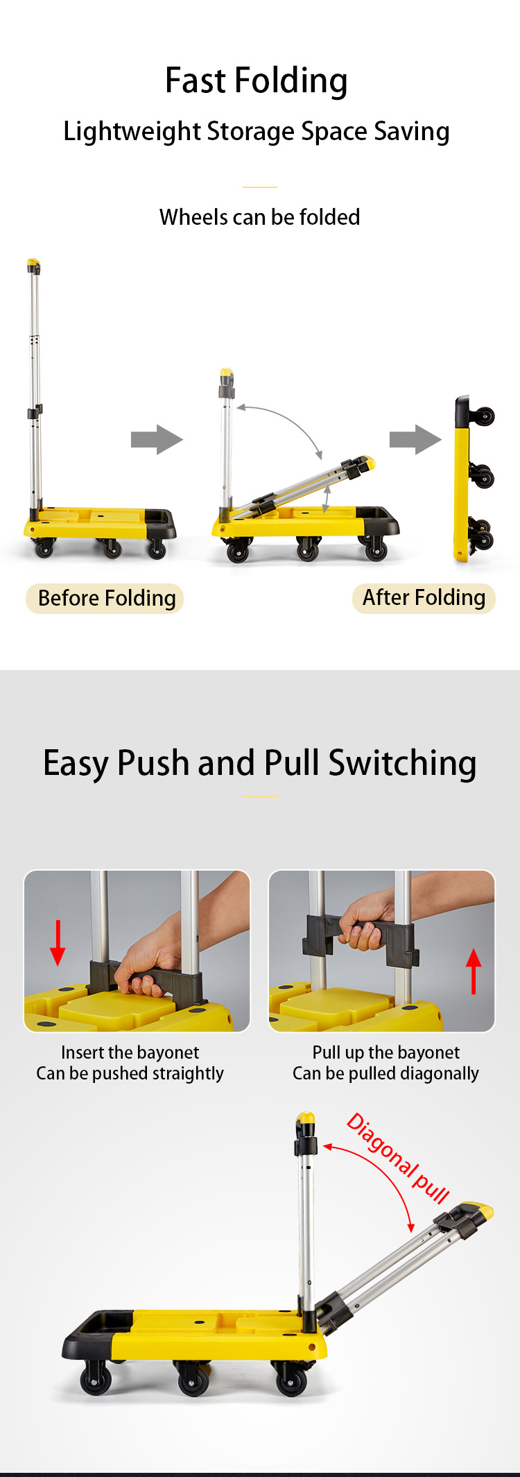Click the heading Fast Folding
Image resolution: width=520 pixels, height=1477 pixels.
pos(257,80)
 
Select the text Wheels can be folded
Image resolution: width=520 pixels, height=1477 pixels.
pos(259,217)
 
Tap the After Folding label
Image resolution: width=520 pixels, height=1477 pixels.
pos(424,597)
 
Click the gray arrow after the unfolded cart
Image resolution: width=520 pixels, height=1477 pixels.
pos(157,439)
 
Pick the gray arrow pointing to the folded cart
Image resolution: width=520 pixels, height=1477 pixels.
pos(415,439)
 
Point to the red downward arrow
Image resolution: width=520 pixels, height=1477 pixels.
pos(58,943)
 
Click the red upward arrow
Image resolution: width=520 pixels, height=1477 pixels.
pos(474,971)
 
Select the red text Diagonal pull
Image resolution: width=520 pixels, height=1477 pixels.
pos(399,1157)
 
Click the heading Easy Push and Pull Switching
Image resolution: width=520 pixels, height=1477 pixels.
pos(260,764)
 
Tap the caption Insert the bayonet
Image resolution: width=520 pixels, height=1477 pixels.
pos(130,1052)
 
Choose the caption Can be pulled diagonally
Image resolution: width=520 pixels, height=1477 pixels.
pos(385,1074)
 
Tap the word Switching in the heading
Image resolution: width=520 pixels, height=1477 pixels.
pos(402,764)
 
